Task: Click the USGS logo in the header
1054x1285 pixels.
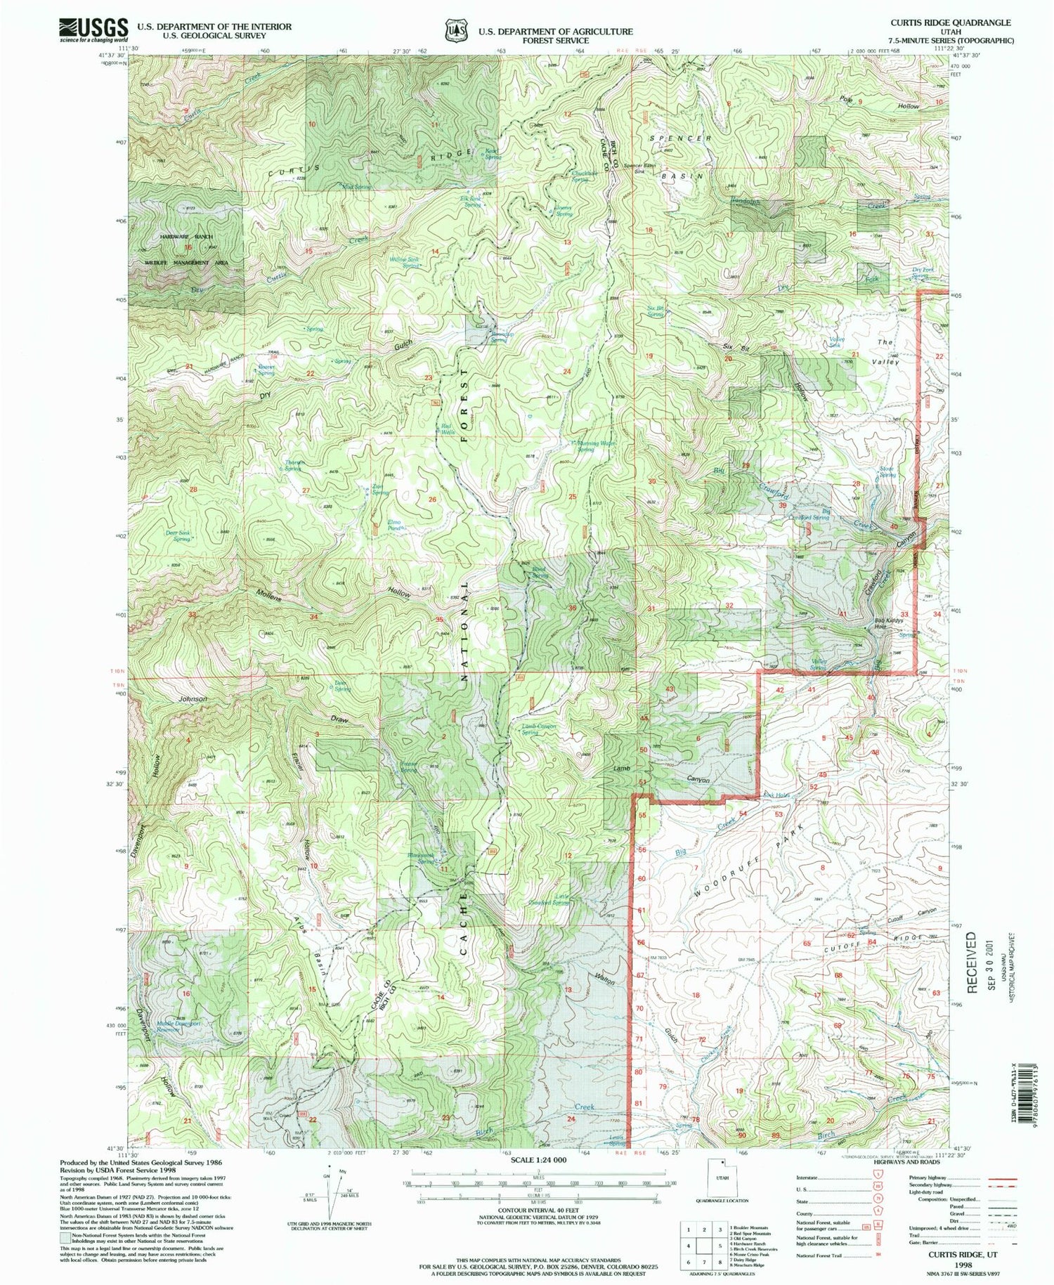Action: click(x=93, y=30)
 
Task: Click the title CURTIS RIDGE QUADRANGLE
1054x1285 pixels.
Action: click(x=951, y=22)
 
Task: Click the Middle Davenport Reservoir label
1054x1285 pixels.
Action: click(x=178, y=1026)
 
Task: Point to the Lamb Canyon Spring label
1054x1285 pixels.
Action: click(x=539, y=729)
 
